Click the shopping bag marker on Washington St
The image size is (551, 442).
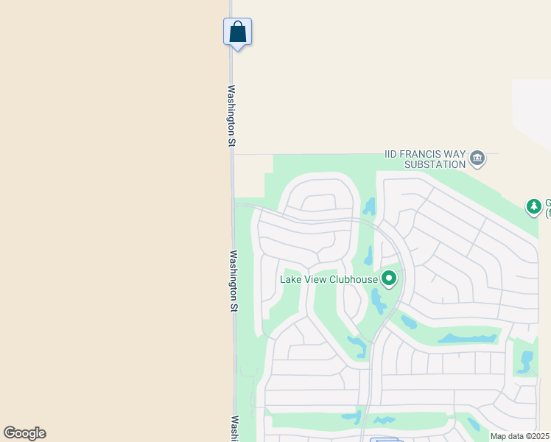tap(237, 32)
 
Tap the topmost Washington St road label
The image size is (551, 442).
tap(231, 116)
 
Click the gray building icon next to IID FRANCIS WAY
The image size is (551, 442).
tap(477, 157)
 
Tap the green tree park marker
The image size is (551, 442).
tap(534, 207)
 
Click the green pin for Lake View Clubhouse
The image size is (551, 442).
tap(388, 278)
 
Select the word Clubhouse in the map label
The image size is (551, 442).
tap(351, 279)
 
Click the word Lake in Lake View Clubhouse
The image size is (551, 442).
tap(290, 279)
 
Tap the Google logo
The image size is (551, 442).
tap(24, 433)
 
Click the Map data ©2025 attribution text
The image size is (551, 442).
tap(519, 436)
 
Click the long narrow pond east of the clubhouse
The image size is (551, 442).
tap(467, 339)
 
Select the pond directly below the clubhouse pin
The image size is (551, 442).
tap(378, 301)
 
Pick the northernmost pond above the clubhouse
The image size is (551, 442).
tap(370, 206)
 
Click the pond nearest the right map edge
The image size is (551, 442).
tap(526, 361)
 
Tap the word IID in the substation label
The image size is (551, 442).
tap(392, 155)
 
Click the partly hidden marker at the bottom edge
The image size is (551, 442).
tap(384, 440)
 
